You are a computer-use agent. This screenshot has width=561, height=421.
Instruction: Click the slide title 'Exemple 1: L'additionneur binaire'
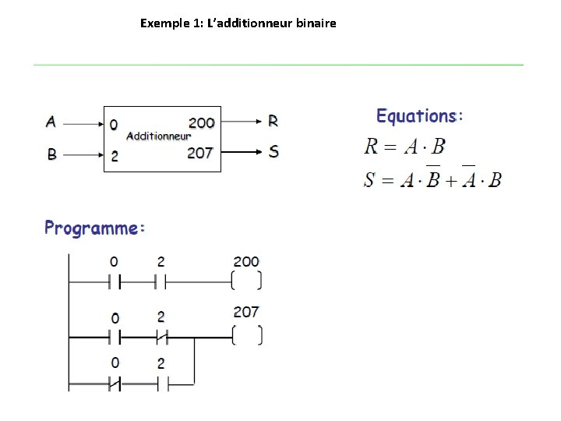click(238, 23)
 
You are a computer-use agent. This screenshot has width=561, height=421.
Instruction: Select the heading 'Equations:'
click(419, 117)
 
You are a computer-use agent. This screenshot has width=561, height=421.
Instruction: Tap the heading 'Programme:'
click(94, 228)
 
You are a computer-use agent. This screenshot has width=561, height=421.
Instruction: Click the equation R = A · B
click(405, 146)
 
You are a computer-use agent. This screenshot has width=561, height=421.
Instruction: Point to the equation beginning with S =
click(433, 179)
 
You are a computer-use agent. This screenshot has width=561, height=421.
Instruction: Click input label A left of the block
click(51, 122)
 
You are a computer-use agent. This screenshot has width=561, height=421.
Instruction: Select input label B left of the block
click(51, 154)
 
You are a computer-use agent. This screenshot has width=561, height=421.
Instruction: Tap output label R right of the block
click(273, 122)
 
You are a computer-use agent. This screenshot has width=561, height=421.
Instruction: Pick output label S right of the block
click(273, 151)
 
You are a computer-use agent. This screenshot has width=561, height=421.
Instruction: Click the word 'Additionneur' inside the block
click(159, 136)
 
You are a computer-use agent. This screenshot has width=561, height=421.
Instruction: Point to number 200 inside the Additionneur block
click(201, 122)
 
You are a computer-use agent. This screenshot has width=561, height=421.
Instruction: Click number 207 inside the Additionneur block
click(200, 153)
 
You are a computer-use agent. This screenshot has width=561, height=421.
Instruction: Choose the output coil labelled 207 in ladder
click(247, 336)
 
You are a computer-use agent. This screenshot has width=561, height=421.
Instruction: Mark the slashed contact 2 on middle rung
click(161, 337)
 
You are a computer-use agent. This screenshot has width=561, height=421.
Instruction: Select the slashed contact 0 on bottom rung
click(115, 384)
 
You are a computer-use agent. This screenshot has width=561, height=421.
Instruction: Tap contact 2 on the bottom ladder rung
click(161, 384)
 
